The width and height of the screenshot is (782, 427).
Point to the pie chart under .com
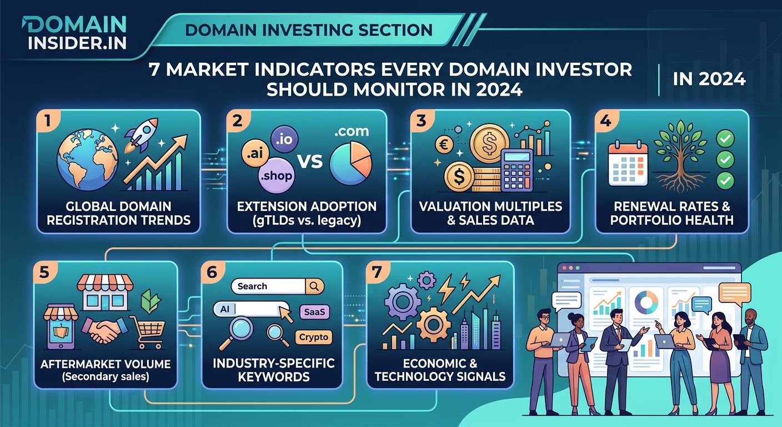[350, 160]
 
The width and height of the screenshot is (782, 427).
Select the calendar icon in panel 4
[628, 163]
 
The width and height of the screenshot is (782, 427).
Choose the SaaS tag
[314, 312]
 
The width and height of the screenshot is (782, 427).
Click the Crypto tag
[314, 337]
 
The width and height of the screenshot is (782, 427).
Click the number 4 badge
[605, 121]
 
